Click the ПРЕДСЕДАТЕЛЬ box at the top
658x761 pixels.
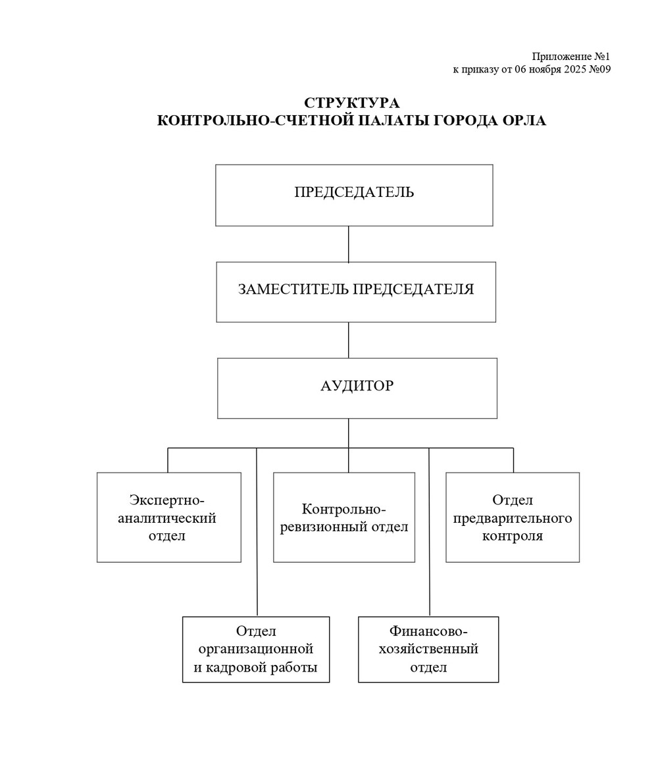(x=354, y=195)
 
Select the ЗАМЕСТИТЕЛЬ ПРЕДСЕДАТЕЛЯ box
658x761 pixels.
(x=355, y=292)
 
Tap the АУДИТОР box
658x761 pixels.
(x=357, y=388)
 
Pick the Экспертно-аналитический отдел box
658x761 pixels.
(x=168, y=517)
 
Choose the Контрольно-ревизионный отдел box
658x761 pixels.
(x=343, y=517)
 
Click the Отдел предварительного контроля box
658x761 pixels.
(x=512, y=517)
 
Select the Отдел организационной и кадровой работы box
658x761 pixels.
(x=255, y=649)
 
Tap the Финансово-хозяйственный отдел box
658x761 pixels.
(x=428, y=649)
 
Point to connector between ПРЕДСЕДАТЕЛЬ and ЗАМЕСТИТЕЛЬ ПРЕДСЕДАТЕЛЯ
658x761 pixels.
(x=348, y=244)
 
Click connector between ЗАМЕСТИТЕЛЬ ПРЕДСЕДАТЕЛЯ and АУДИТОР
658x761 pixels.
(x=348, y=340)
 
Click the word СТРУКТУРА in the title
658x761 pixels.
(x=351, y=103)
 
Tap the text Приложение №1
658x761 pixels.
(x=570, y=57)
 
